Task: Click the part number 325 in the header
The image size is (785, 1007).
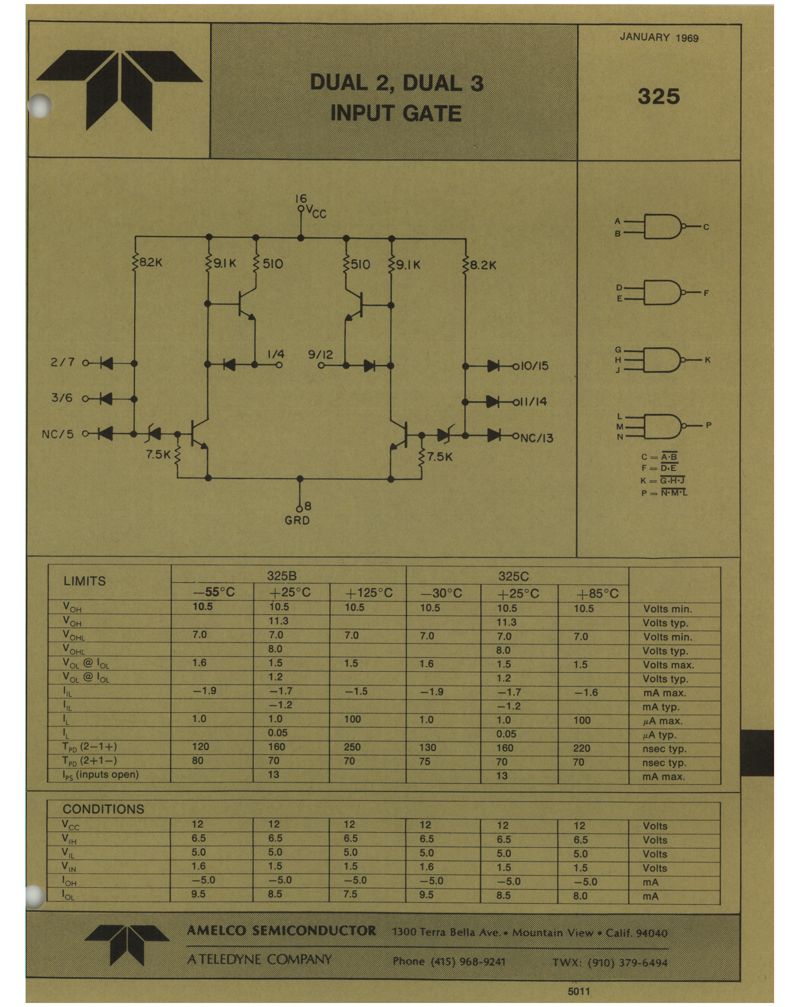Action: [x=659, y=96]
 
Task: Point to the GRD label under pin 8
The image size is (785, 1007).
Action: [x=298, y=520]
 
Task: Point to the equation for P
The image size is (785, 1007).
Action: [x=664, y=493]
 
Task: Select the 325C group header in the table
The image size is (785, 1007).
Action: [x=513, y=576]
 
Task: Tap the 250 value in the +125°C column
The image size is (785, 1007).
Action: [x=352, y=747]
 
